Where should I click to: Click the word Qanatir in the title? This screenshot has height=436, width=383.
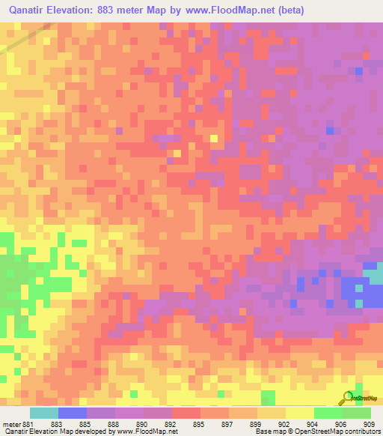pyautogui.click(x=29, y=10)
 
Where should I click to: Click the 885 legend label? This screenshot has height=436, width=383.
pyautogui.click(x=93, y=425)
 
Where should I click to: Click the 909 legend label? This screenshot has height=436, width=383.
pyautogui.click(x=368, y=425)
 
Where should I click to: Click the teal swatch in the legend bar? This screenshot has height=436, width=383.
pyautogui.click(x=43, y=413)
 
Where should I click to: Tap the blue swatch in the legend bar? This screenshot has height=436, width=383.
pyautogui.click(x=72, y=413)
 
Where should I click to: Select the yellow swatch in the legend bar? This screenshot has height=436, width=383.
pyautogui.click(x=299, y=413)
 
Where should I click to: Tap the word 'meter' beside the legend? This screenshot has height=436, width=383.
pyautogui.click(x=12, y=425)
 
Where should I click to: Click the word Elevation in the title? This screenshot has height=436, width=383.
pyautogui.click(x=79, y=10)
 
